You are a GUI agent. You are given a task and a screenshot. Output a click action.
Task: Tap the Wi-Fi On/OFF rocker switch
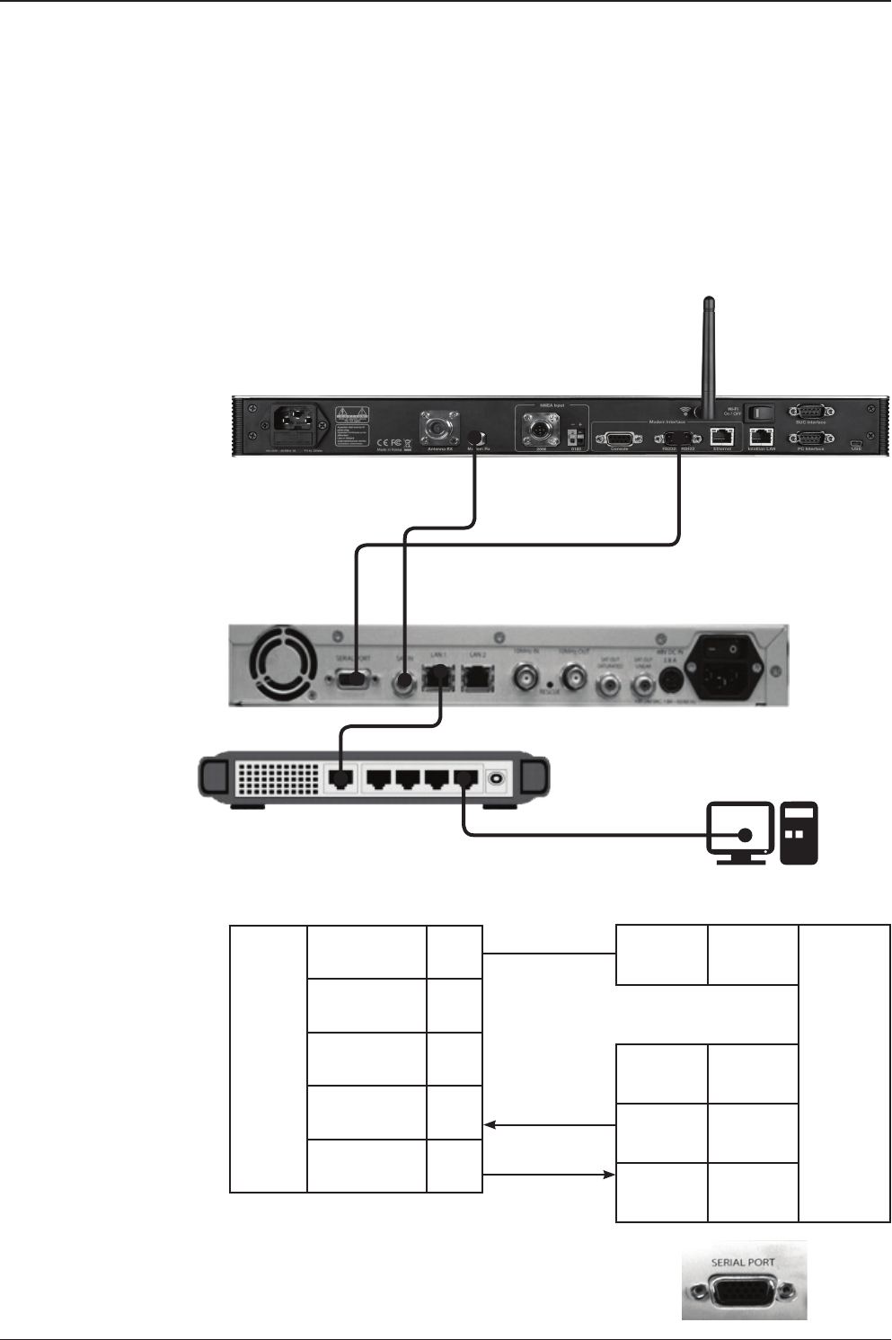pos(759,413)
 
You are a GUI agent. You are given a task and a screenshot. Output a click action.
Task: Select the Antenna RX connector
pos(437,428)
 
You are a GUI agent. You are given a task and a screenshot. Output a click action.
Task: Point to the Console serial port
pos(619,438)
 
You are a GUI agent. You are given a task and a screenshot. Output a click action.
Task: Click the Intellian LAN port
pos(761,437)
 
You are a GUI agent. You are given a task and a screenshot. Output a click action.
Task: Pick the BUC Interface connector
pos(809,412)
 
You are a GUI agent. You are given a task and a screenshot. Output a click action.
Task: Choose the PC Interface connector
pos(809,439)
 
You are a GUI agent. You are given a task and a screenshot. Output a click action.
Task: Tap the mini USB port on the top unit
pos(856,443)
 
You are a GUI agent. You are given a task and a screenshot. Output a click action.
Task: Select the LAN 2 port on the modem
pos(477,677)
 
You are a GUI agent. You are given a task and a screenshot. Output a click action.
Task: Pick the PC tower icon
pos(799,833)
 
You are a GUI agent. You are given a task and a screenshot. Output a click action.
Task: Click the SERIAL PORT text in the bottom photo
pos(743,1262)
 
